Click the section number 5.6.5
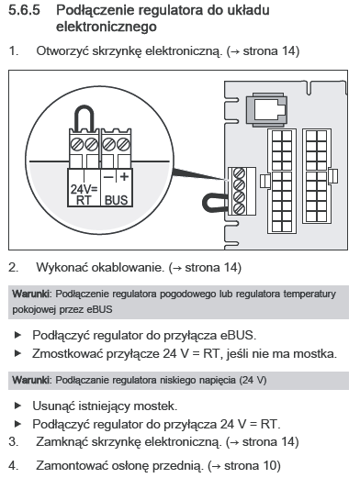24,10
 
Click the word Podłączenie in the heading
95,10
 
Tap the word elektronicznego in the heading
107,27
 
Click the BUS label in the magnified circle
116,200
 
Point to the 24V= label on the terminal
84,189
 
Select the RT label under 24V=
84,200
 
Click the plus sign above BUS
124,176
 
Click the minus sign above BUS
108,177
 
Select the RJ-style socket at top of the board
267,110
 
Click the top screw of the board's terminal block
239,173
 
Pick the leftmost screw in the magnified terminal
77,144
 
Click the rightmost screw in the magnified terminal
123,144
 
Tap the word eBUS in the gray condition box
99,309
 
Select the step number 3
13,441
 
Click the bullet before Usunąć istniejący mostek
17,406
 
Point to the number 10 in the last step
269,465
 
